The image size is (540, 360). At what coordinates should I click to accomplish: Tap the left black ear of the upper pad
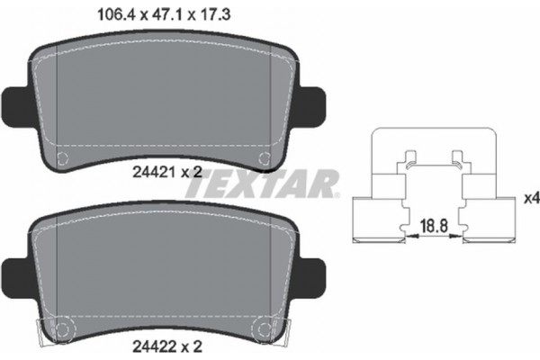[17, 104]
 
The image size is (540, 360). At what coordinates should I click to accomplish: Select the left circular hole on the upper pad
[62, 159]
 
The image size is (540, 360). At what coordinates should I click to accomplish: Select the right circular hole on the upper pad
[265, 159]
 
